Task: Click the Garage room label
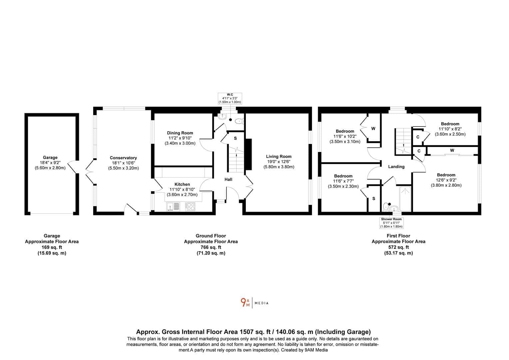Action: tap(50, 157)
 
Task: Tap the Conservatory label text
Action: tap(123, 158)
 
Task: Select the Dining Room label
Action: tap(180, 133)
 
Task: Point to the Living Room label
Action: tap(279, 156)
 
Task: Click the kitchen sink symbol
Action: tap(173, 207)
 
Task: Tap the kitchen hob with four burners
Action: tap(190, 207)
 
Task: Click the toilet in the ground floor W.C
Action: tap(239, 121)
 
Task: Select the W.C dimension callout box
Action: tap(230, 98)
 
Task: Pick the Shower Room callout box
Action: tap(391, 223)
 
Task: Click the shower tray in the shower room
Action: tap(405, 199)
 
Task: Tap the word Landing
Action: tap(396, 167)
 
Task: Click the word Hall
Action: tap(229, 179)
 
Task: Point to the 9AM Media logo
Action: tap(254, 303)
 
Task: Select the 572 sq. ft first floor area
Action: tap(398, 247)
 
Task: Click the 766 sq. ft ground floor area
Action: tap(211, 247)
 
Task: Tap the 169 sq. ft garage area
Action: tap(52, 247)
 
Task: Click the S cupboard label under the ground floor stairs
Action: tap(236, 138)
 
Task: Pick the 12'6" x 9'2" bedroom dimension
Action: tap(446, 180)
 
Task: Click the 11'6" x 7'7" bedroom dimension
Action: tap(343, 181)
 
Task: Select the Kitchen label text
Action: tap(182, 184)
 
